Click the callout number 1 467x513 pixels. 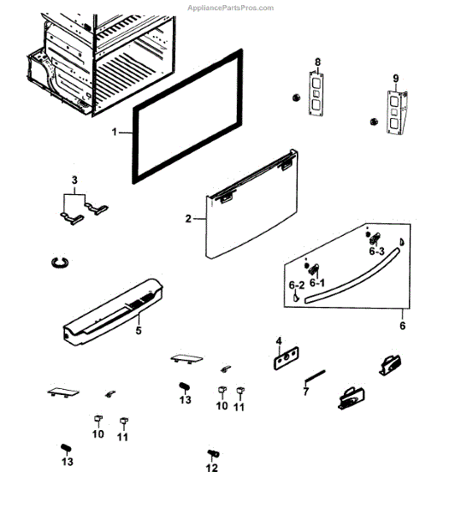[115, 133]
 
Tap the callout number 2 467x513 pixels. [188, 219]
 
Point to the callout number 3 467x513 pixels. [74, 180]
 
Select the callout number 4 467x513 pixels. [279, 342]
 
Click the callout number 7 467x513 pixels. [305, 392]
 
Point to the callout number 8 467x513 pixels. [317, 62]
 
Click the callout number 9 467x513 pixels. [396, 79]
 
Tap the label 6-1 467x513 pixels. [317, 281]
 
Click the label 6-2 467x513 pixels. [296, 285]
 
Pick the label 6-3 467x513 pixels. [376, 251]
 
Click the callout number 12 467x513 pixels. [211, 468]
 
